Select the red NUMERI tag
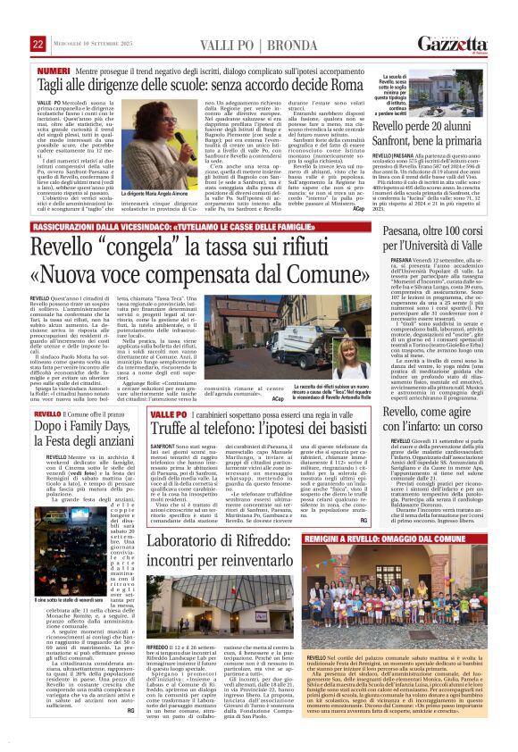[54, 70]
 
